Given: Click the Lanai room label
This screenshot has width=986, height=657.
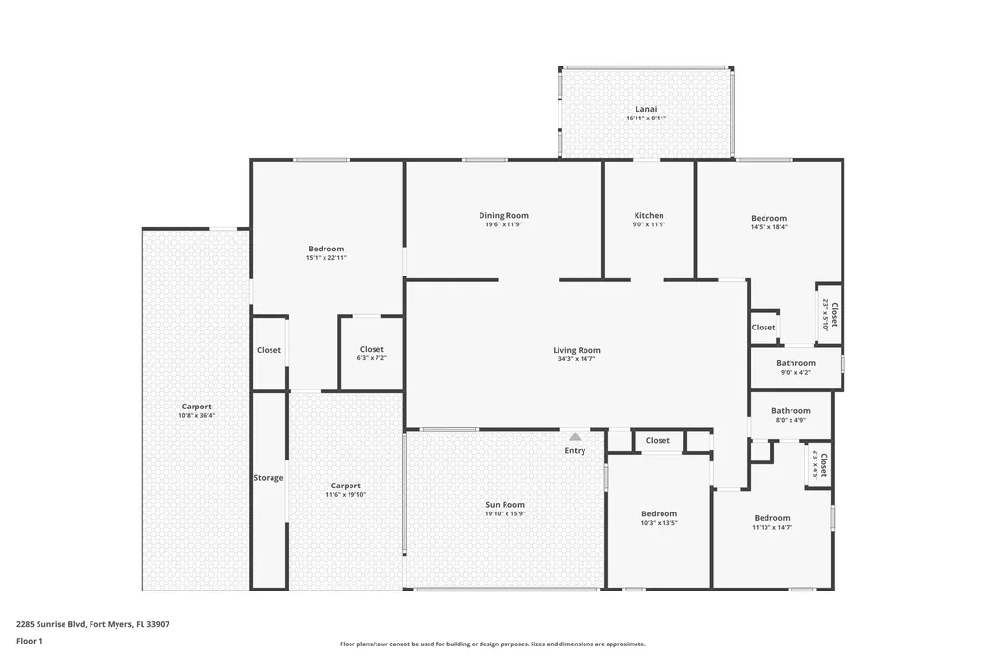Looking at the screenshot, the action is tap(646, 109).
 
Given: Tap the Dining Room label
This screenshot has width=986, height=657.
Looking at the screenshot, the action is tap(504, 215).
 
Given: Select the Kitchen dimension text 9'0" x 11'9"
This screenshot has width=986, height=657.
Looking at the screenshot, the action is tap(649, 224).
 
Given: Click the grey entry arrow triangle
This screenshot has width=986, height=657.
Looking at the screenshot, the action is tap(575, 436).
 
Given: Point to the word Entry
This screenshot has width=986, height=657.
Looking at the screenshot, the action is tap(575, 451).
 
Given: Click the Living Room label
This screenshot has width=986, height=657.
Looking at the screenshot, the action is tap(577, 350).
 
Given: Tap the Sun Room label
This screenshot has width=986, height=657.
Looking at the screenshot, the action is tap(505, 505).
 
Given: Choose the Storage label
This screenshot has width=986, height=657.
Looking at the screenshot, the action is tap(269, 478).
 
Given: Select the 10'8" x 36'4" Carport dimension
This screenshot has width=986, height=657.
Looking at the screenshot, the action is tap(196, 416).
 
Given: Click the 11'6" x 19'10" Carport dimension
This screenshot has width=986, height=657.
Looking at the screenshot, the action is tap(346, 495).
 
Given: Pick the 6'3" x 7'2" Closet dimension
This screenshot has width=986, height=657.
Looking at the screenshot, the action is tap(372, 358).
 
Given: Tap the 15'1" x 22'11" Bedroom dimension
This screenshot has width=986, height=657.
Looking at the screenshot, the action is tap(325, 258).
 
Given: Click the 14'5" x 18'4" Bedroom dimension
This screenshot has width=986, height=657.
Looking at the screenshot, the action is tap(769, 227).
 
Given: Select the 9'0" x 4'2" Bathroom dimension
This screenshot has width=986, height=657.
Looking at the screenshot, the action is tap(795, 373).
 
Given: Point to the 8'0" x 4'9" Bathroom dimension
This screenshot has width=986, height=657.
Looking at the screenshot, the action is tap(791, 420).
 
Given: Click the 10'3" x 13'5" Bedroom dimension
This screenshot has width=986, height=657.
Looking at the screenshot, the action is tap(659, 523).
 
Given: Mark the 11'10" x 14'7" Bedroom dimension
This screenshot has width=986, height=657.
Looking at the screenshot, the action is tap(772, 527).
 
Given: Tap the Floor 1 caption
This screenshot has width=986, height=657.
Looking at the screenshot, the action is tap(30, 642).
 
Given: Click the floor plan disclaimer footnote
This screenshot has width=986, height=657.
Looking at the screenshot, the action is tap(493, 644).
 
